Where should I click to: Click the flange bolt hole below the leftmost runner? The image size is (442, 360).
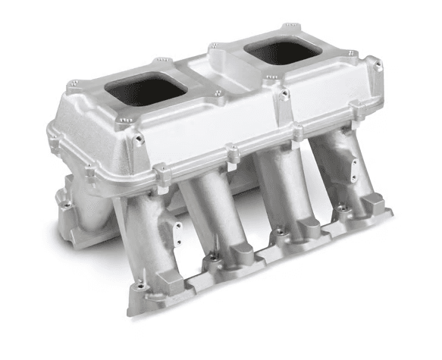coord(139,286)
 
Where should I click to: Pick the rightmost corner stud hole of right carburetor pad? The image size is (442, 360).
coord(351,54)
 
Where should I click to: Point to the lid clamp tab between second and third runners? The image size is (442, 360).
coord(232,155)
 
